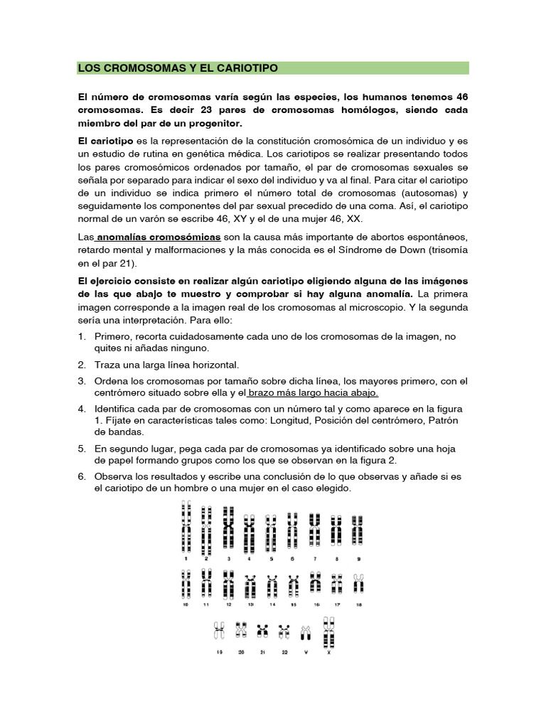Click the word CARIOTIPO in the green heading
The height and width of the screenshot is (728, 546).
pyautogui.click(x=242, y=68)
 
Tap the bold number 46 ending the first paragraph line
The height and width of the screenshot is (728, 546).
pyautogui.click(x=460, y=97)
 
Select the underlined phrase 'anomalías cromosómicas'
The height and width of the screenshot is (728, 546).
pyautogui.click(x=160, y=236)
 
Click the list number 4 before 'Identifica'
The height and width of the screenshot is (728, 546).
pyautogui.click(x=82, y=409)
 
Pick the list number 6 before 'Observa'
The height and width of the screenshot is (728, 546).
pyautogui.click(x=82, y=476)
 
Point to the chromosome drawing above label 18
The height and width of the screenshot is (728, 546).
pyautogui.click(x=358, y=584)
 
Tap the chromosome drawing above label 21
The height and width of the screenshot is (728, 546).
pyautogui.click(x=263, y=630)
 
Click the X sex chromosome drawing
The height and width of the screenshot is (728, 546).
pyautogui.click(x=328, y=631)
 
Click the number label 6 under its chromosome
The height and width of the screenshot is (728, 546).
pyautogui.click(x=292, y=560)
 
